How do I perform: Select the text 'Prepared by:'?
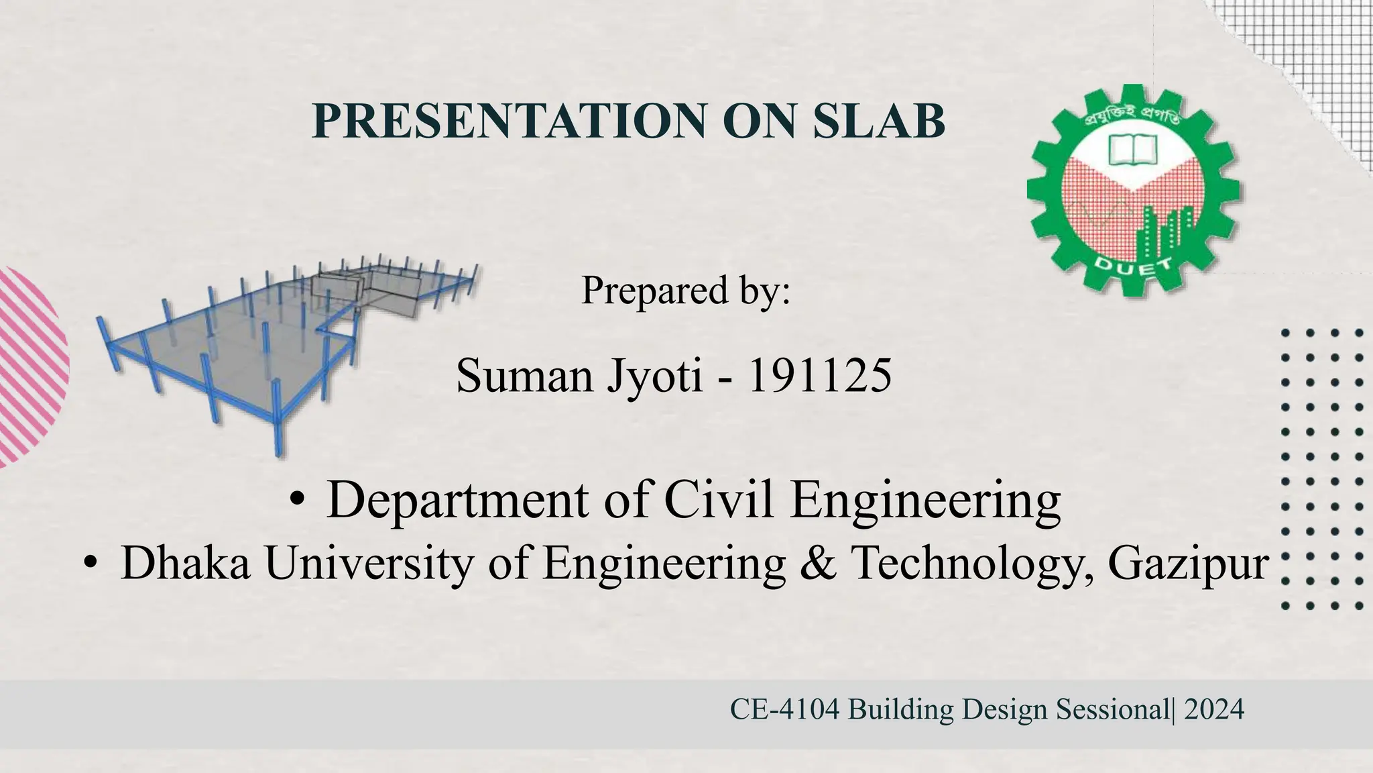685,291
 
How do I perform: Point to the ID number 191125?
819,375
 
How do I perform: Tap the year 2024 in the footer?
1214,709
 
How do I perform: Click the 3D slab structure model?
282,342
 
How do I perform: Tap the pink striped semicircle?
30,366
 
